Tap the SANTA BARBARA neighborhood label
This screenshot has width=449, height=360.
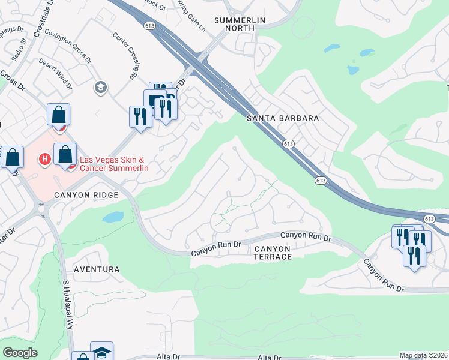[283, 118]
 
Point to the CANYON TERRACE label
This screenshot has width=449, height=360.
[272, 253]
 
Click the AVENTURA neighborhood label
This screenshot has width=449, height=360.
[97, 269]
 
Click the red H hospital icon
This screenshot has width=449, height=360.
[44, 160]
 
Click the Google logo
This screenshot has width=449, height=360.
[20, 353]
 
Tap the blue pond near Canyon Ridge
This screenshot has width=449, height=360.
[113, 217]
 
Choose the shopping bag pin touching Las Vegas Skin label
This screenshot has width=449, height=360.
[65, 155]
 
